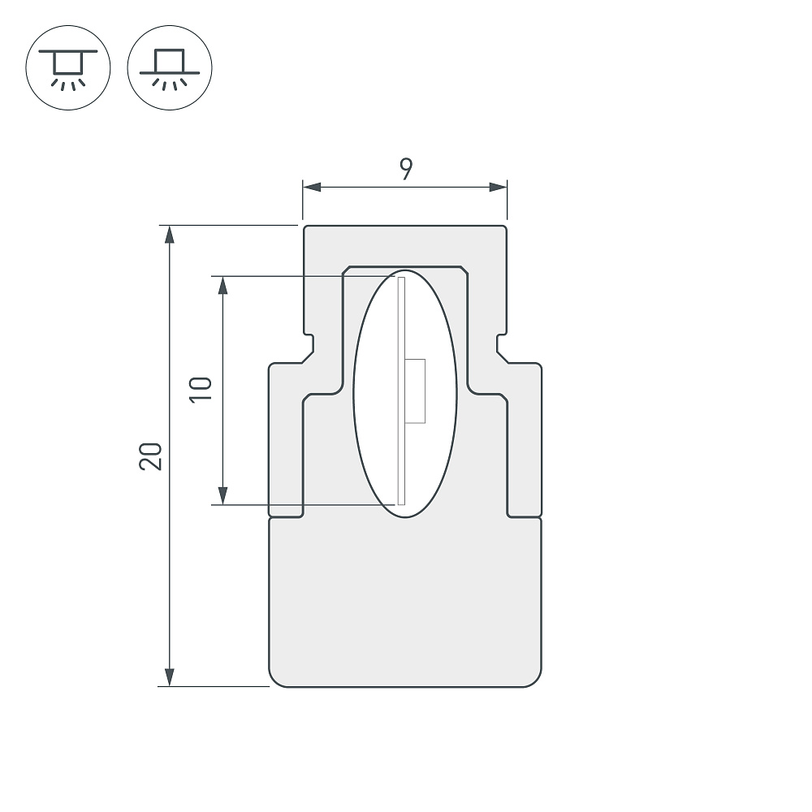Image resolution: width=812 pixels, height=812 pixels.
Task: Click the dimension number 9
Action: coord(406,169)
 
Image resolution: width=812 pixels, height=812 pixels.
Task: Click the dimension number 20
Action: coord(151,456)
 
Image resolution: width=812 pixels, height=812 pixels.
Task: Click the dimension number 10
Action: coord(201,390)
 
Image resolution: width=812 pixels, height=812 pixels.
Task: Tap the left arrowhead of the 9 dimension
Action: coord(312,187)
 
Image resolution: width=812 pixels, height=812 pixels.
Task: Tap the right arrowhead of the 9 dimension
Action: coord(499,187)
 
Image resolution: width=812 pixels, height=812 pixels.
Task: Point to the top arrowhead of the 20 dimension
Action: coord(169,234)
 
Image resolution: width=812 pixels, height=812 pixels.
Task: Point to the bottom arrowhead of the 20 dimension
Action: coord(169,677)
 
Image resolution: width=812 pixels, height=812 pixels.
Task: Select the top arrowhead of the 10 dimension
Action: coord(223,285)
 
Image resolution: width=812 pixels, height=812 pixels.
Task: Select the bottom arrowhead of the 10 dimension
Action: coord(223,495)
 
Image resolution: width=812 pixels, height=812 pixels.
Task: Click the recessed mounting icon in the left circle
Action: coord(68,67)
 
